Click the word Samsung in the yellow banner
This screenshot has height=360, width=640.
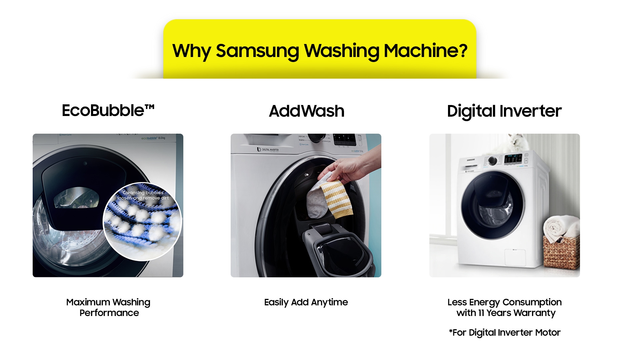[257, 51]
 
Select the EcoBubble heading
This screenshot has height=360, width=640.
[108, 110]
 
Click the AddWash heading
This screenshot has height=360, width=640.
[306, 111]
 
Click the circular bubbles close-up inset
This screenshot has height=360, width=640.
[143, 222]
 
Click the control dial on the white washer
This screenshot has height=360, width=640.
[492, 161]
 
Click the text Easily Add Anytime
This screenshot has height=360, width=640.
[306, 302]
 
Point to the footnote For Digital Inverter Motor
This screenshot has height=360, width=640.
[505, 333]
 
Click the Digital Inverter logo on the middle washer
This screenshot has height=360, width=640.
[268, 150]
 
